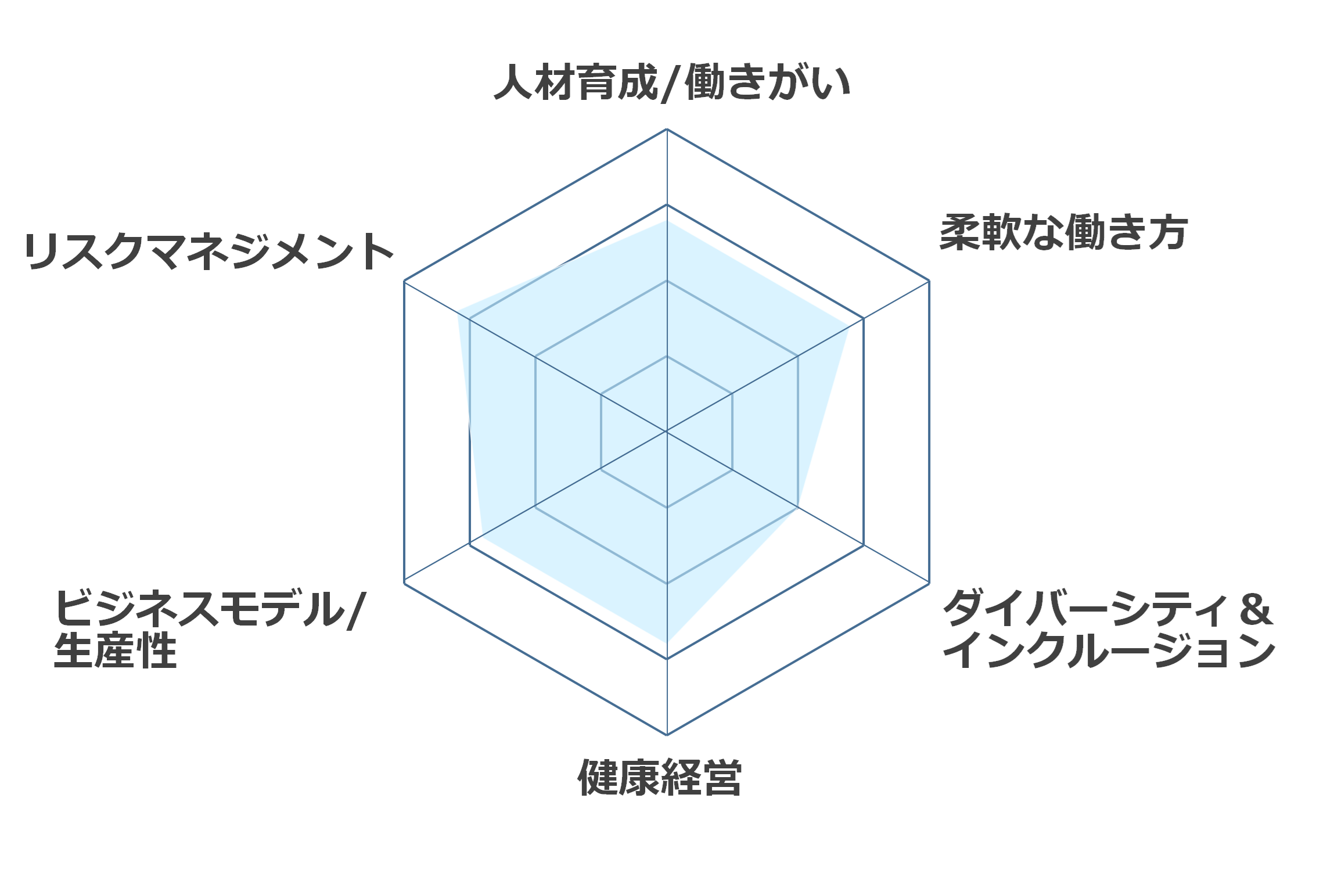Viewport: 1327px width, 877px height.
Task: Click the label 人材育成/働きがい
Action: pos(672,82)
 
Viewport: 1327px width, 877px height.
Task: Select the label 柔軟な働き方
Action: pos(1063,232)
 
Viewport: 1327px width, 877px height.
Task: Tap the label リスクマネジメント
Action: pos(209,251)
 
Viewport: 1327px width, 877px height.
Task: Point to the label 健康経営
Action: pos(660,777)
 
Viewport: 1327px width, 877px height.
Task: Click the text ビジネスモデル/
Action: pos(210,609)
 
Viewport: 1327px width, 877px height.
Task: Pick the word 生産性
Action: pos(115,650)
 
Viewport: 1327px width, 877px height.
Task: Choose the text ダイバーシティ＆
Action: pos(1108,608)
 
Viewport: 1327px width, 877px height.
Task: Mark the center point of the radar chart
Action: pos(667,432)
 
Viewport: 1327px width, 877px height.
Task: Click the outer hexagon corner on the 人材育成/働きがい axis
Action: pos(667,129)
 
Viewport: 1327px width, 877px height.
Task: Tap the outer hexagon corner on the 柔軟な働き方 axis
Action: pos(929,281)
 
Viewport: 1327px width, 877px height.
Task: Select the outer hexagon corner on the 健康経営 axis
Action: pos(667,735)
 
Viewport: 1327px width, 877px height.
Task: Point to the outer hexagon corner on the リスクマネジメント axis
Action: pos(404,281)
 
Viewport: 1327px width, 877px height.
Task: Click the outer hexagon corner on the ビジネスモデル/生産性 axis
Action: pos(404,583)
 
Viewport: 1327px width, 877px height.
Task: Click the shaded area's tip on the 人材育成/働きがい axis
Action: pos(667,221)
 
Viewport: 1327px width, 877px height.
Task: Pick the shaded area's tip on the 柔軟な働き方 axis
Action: pos(849,326)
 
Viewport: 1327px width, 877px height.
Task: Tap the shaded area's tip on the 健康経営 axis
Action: pos(667,642)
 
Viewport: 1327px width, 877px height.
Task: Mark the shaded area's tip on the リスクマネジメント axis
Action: pos(458,311)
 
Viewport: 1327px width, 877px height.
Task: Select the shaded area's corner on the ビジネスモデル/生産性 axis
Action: pos(482,538)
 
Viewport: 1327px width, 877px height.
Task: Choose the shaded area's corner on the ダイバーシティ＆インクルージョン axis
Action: pos(797,506)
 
